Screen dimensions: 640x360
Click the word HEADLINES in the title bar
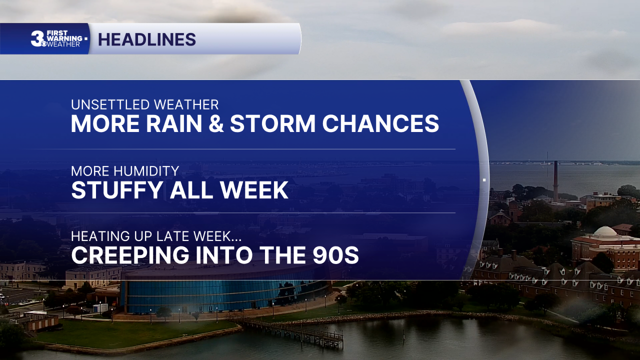tap(147, 39)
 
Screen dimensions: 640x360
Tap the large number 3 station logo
tap(37, 38)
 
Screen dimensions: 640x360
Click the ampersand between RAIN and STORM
tap(216, 123)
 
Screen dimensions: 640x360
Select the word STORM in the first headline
tap(272, 123)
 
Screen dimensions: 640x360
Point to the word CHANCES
tap(380, 123)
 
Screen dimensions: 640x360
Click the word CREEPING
tap(130, 255)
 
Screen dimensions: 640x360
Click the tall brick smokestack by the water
tap(555, 181)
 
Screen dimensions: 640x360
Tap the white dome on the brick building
tap(605, 231)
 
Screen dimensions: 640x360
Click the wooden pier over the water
tap(288, 331)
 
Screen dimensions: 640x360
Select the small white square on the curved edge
tap(484, 180)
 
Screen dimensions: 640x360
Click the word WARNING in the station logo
tap(64, 38)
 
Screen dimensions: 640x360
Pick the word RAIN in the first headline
tap(174, 123)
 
